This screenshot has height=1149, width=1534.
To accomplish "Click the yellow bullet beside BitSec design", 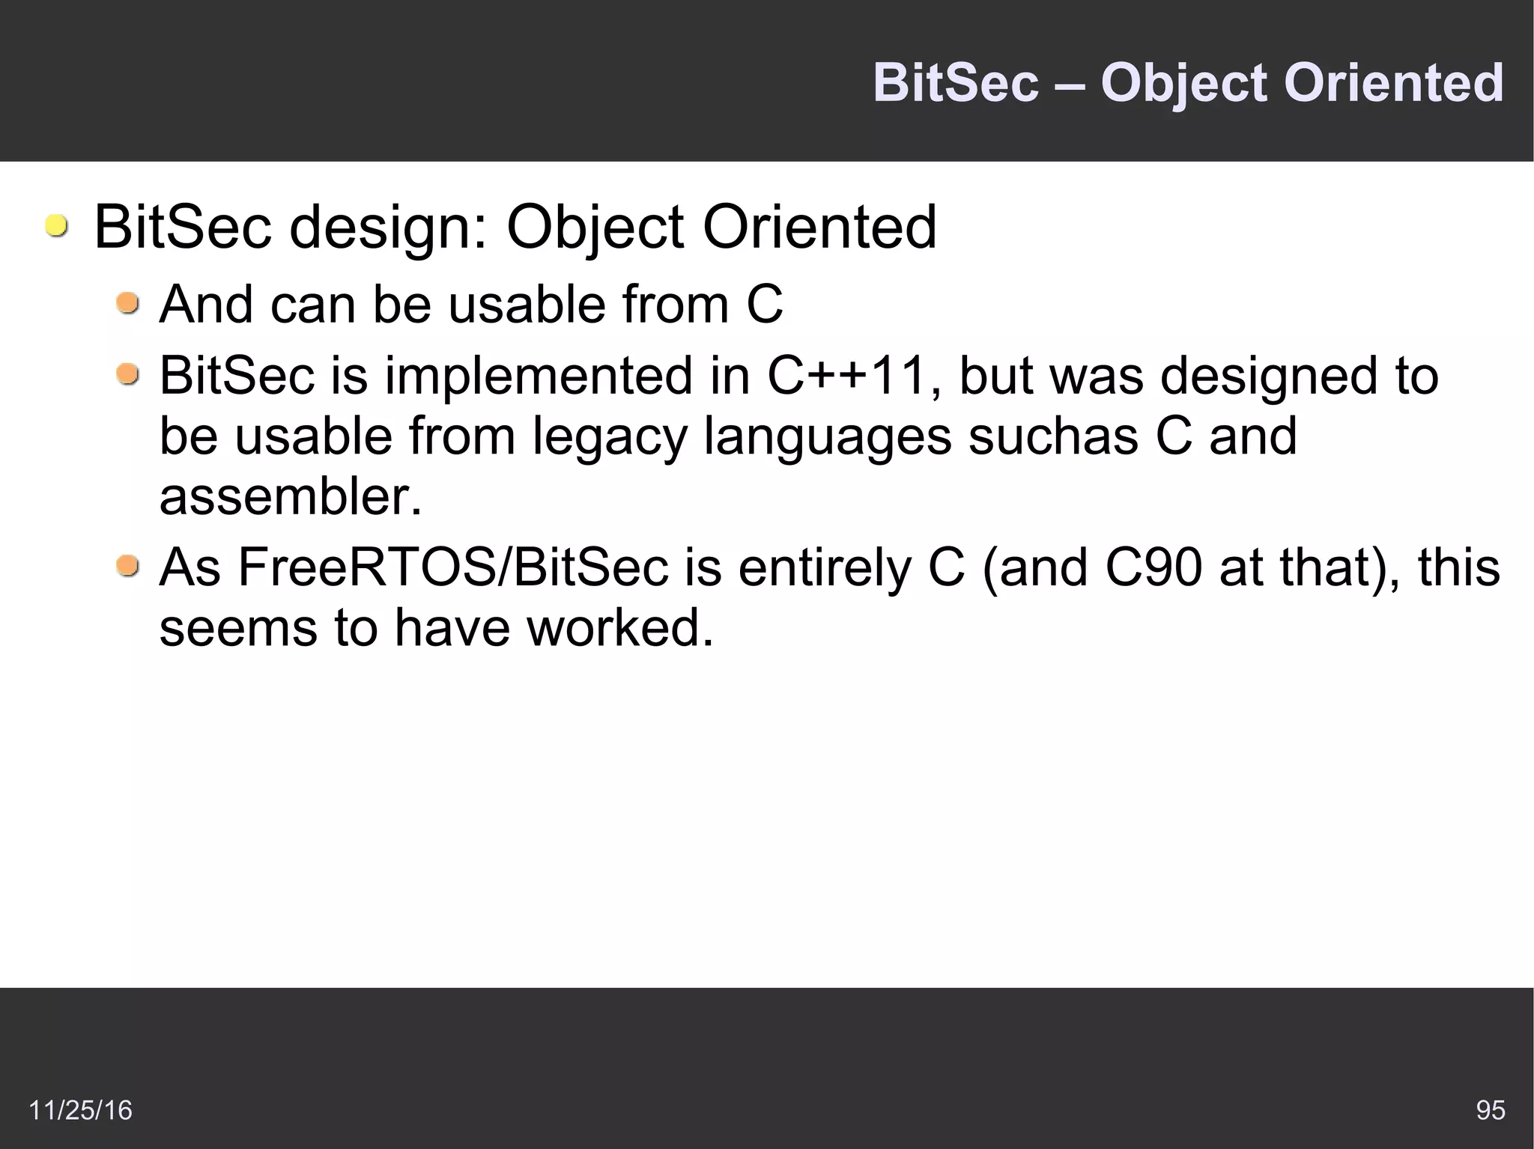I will click(55, 226).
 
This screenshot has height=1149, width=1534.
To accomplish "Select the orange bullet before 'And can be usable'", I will click(128, 304).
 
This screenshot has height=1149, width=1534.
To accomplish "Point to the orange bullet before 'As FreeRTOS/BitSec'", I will click(128, 567).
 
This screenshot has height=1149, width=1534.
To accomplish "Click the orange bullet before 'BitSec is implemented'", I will click(128, 374).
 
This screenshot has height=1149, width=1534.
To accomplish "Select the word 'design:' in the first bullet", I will click(389, 228).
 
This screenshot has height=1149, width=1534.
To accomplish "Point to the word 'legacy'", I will click(610, 438).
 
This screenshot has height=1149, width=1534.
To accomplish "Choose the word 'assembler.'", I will click(291, 497).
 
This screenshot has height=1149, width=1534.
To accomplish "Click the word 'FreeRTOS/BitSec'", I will click(452, 567).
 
